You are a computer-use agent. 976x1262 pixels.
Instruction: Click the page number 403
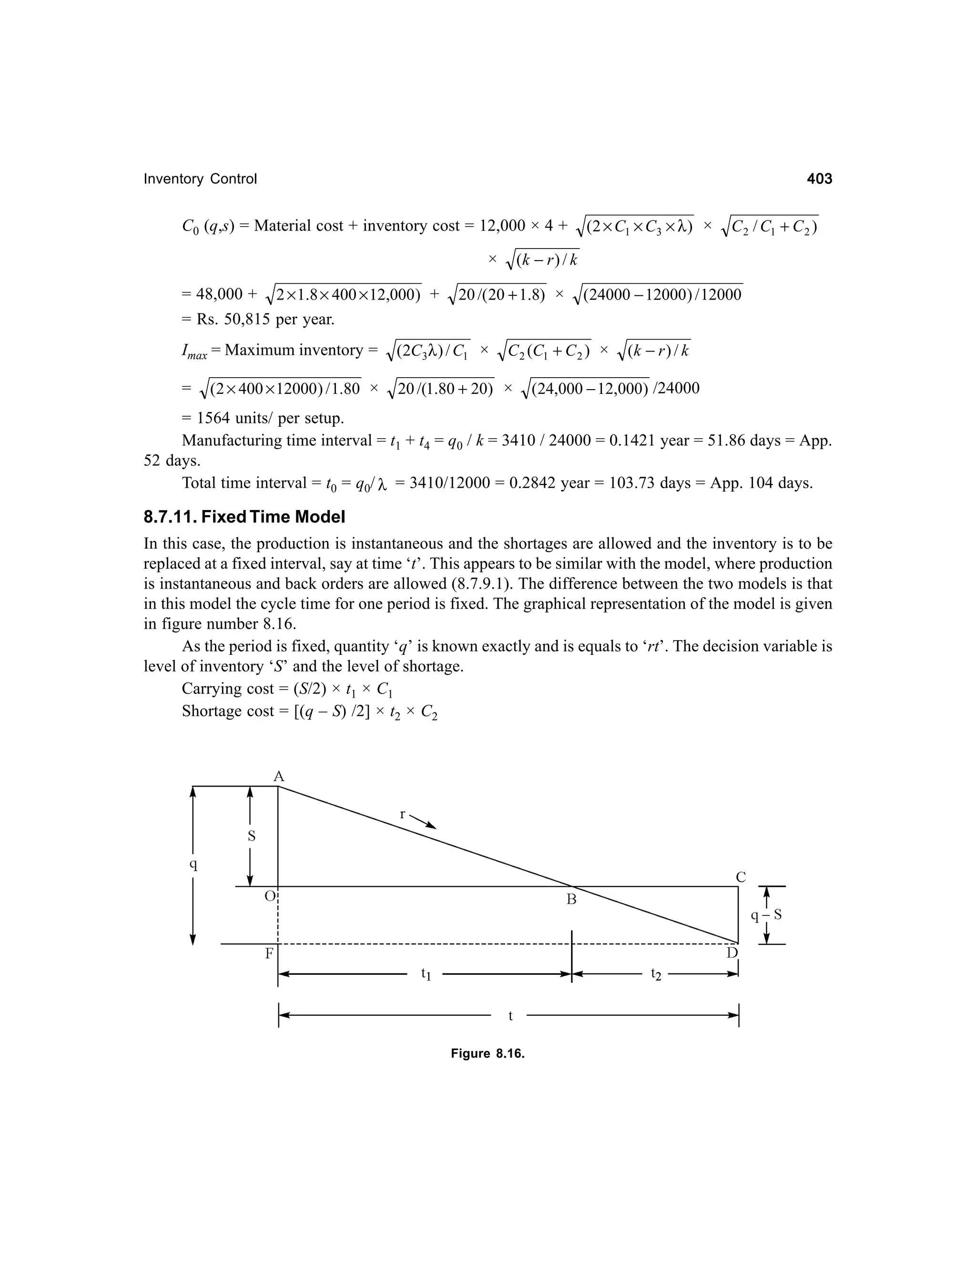tap(819, 179)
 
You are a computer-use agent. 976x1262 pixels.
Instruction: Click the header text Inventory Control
tap(200, 179)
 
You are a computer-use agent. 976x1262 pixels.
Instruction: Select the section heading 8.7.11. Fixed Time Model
tap(244, 517)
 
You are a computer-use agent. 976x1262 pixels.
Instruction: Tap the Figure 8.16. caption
tap(488, 1053)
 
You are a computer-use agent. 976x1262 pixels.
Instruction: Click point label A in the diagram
tap(279, 776)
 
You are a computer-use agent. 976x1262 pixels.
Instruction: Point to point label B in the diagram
tap(571, 900)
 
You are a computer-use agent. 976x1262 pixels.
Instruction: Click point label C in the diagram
tap(741, 877)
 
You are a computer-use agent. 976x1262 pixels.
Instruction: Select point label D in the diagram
tap(732, 953)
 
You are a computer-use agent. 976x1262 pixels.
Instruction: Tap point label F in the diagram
tap(269, 954)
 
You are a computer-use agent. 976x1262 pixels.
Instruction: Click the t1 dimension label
tap(426, 974)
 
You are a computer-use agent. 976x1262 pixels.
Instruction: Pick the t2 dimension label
tap(656, 974)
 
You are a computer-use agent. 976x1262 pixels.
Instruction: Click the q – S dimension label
tap(766, 915)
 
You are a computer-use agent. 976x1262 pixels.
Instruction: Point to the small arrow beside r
tap(423, 821)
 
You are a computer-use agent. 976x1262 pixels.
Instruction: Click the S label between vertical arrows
tap(252, 836)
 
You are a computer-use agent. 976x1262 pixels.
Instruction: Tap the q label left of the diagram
tap(193, 865)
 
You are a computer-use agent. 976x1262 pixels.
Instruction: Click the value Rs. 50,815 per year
tap(264, 319)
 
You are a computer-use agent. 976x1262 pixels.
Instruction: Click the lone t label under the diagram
tap(510, 1016)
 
